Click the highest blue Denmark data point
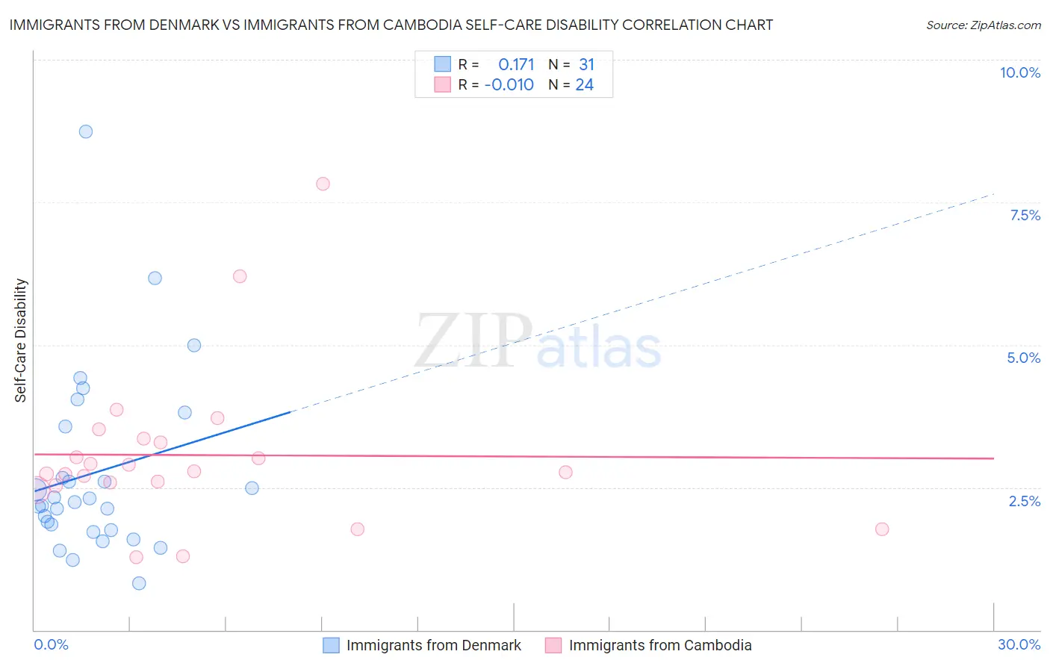click(86, 131)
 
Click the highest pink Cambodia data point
click(323, 184)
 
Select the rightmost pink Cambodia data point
click(882, 529)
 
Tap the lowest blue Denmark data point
click(139, 583)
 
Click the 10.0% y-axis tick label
click(1020, 72)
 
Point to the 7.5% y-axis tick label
click(1025, 215)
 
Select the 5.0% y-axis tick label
click(1023, 358)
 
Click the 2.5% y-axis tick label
click(1025, 501)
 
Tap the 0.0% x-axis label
click(51, 644)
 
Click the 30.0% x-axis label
click(1019, 644)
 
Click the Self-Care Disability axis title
click(21, 340)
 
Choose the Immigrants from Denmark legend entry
click(433, 645)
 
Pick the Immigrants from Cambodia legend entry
click(659, 645)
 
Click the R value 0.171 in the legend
click(516, 65)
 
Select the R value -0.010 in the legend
click(509, 85)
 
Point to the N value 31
click(586, 65)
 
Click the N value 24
click(584, 85)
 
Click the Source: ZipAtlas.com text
click(983, 25)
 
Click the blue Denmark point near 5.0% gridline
click(194, 345)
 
